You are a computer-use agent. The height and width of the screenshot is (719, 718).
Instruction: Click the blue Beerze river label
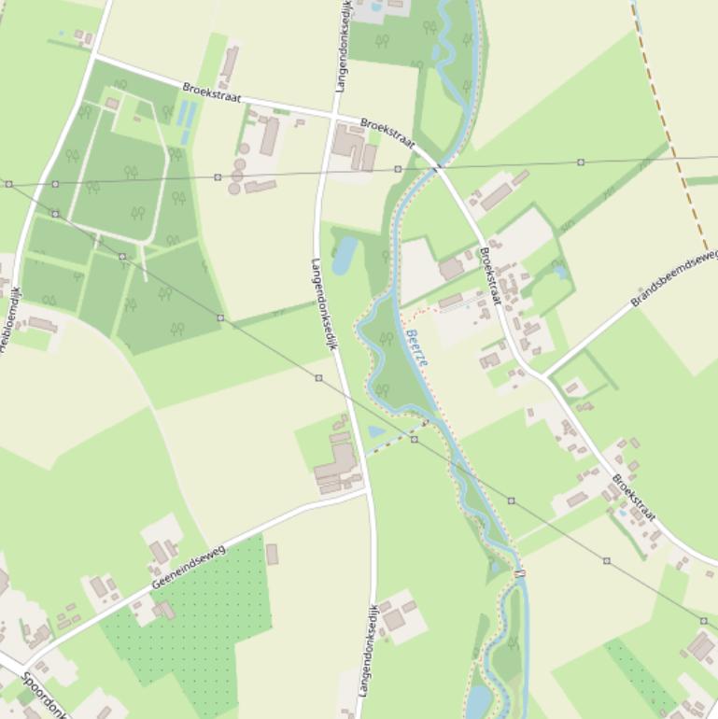417,346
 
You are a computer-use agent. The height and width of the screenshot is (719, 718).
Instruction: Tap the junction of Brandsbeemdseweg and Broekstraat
542,376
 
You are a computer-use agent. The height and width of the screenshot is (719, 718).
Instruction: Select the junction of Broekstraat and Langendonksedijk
332,117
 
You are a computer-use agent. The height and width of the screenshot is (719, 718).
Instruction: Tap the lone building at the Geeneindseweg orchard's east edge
272,554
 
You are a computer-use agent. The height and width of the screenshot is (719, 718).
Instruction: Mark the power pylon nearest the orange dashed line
581,162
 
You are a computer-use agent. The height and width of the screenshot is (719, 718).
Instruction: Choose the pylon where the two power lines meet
8,184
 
